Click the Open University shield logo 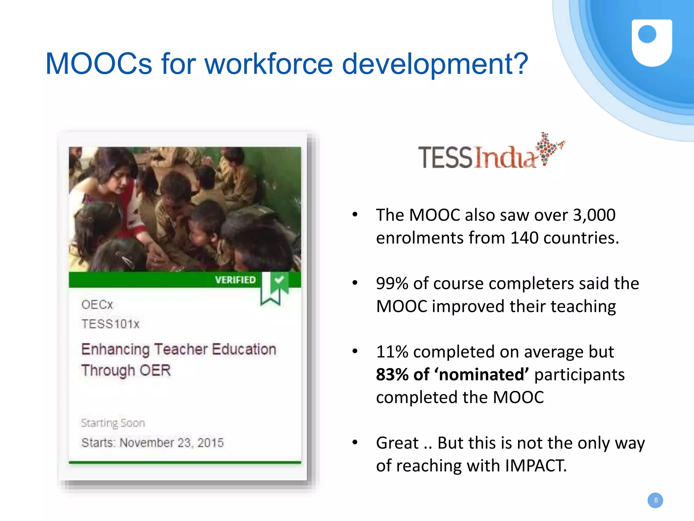[x=651, y=43]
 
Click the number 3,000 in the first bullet [x=594, y=215]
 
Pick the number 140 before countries [x=524, y=238]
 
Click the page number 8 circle [x=655, y=500]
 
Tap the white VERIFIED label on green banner [x=235, y=280]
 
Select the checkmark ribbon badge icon [x=275, y=287]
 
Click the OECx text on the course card [x=97, y=305]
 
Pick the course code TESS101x [x=110, y=324]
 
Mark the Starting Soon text [x=113, y=423]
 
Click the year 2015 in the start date [x=210, y=443]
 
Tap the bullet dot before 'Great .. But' [x=354, y=442]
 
